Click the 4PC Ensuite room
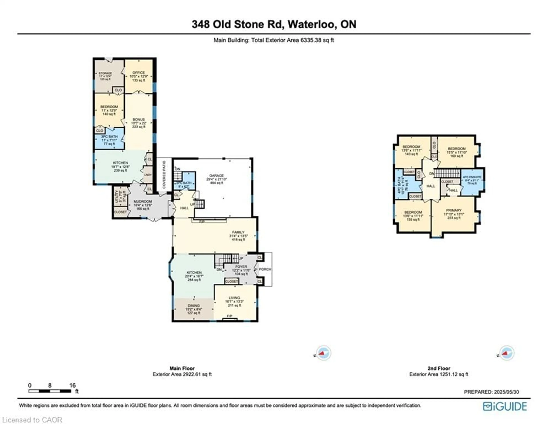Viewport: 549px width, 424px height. (x=472, y=180)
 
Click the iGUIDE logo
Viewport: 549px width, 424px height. (x=505, y=406)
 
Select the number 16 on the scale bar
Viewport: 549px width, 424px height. (x=72, y=385)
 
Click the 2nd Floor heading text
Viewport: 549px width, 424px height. (x=439, y=368)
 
